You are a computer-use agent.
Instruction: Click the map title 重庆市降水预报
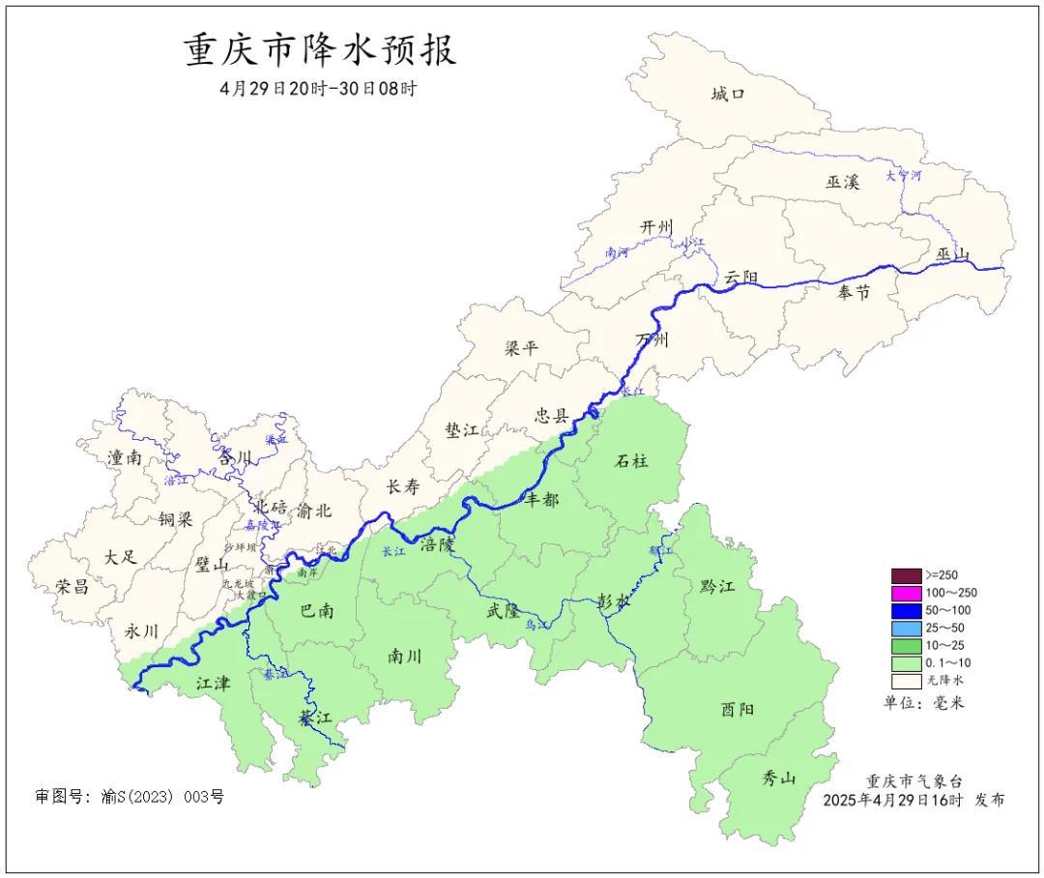click(x=320, y=50)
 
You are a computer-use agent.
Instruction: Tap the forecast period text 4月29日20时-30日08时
click(x=319, y=89)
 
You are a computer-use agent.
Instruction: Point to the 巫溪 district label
click(x=842, y=182)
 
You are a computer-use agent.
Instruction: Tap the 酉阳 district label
click(x=738, y=710)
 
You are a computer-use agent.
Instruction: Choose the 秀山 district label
click(x=778, y=776)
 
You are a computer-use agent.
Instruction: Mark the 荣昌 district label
click(x=72, y=586)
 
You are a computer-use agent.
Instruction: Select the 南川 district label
click(x=404, y=656)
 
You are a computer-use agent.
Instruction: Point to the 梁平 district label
click(x=522, y=348)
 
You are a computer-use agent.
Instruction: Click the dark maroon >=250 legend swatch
click(x=906, y=575)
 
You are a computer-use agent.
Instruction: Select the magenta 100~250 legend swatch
click(x=906, y=593)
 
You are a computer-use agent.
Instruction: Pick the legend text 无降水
click(x=946, y=682)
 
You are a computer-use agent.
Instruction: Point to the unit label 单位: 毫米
click(x=923, y=703)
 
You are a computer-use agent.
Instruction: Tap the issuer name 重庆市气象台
click(x=913, y=781)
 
